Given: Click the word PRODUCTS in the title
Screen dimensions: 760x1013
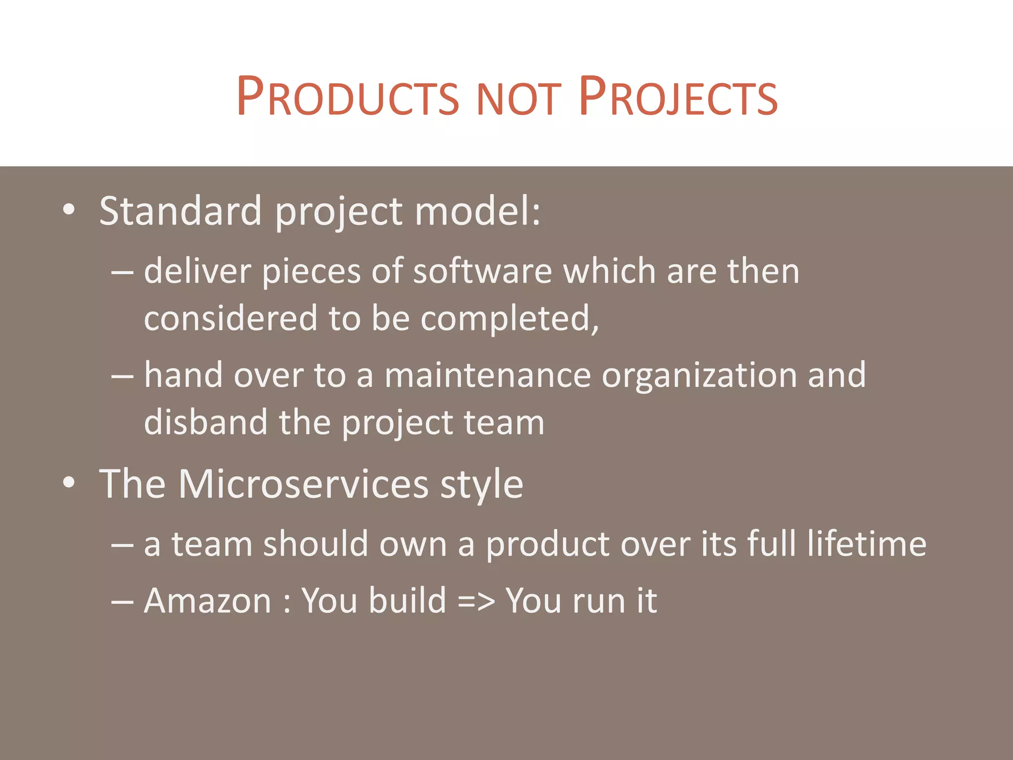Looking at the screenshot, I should (348, 97).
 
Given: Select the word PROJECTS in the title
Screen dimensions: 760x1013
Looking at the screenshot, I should (678, 97).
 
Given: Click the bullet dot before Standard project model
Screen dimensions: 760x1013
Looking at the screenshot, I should (69, 210).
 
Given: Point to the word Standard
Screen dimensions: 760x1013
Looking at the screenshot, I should (181, 211).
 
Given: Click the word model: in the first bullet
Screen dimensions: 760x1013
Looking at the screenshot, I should (477, 211).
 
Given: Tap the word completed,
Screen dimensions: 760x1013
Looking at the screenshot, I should (510, 319).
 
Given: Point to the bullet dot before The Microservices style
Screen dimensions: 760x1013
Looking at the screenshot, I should (69, 483).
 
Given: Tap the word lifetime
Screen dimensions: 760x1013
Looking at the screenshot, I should (867, 543).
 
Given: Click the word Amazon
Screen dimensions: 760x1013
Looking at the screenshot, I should (207, 601).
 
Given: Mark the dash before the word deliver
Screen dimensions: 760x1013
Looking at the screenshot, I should (122, 273).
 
